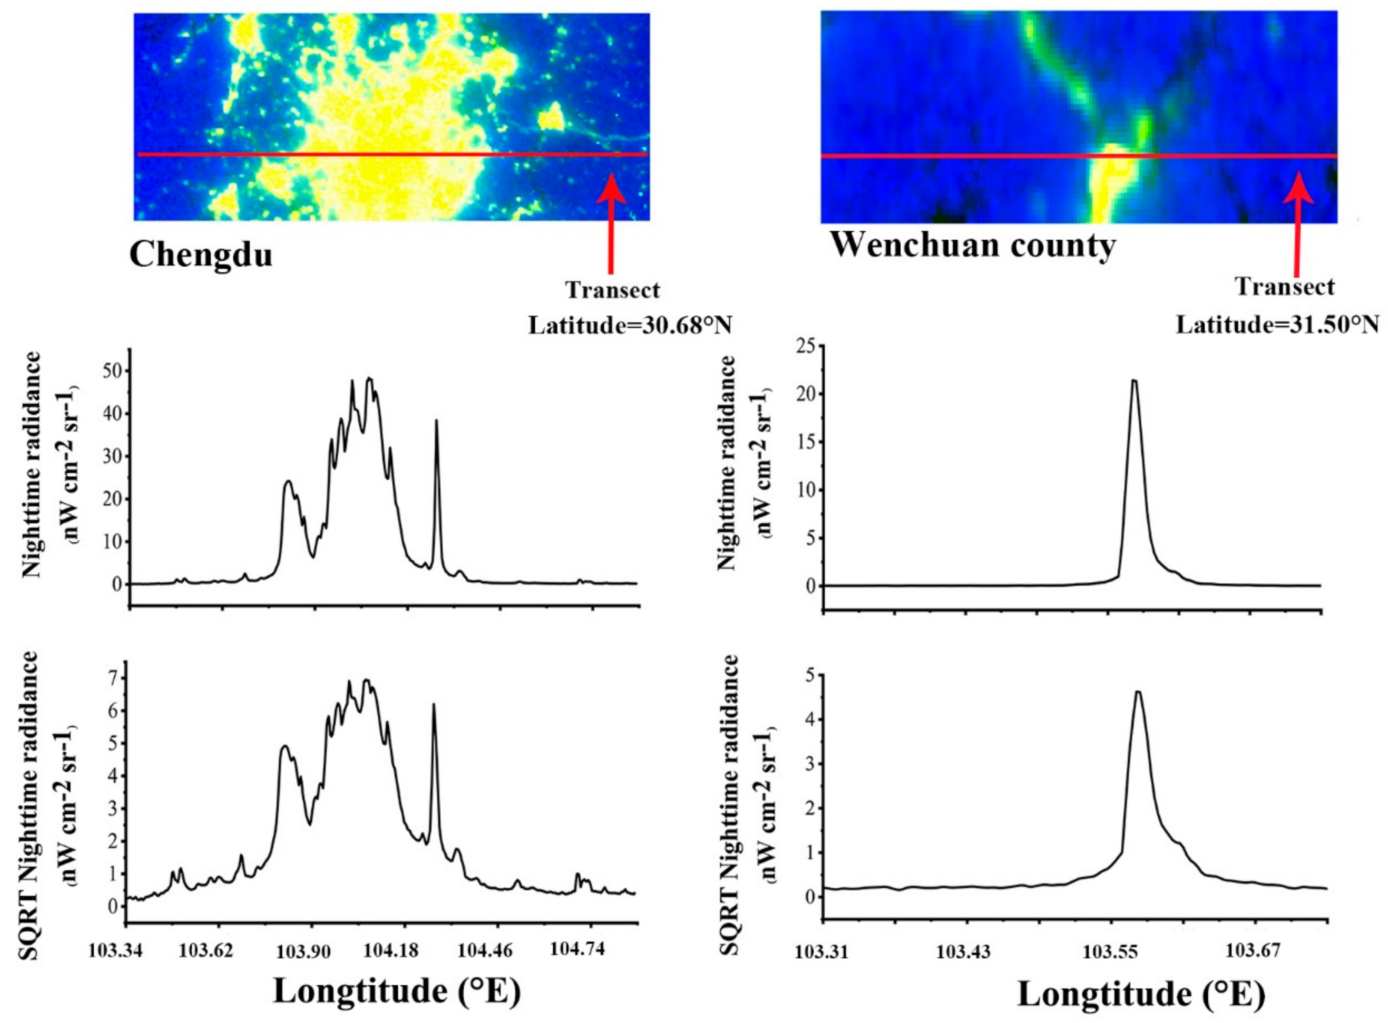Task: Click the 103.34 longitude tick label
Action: [x=116, y=950]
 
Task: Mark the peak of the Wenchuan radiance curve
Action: [x=1135, y=380]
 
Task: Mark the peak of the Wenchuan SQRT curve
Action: [x=1138, y=692]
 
